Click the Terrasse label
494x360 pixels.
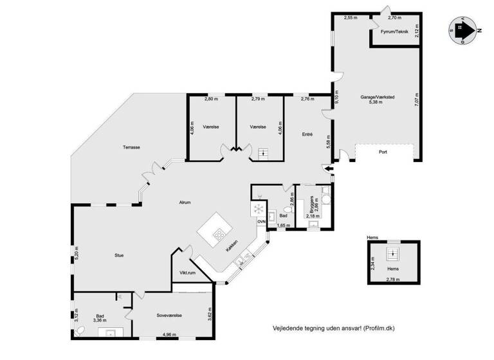tap(131, 147)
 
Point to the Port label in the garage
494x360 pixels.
tap(383, 152)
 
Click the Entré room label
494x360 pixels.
tap(307, 134)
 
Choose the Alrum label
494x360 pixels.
tap(185, 203)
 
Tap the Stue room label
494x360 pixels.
tap(119, 255)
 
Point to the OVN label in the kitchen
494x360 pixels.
tap(261, 222)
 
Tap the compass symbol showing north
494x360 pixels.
tap(462, 29)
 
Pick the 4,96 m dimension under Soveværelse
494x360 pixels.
tap(170, 334)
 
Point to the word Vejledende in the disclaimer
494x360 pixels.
tap(289, 328)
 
